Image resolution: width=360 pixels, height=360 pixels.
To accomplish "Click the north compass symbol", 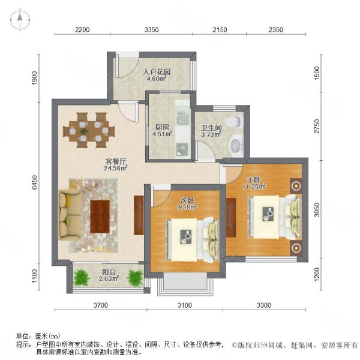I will [x=19, y=20].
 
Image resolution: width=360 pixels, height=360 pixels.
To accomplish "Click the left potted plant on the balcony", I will [x=81, y=277].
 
